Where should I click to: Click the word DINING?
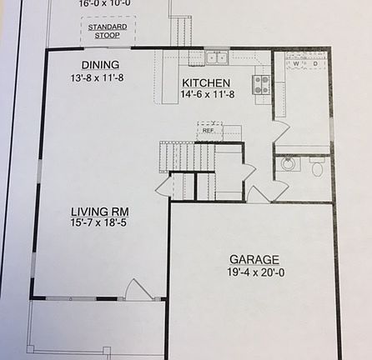[100, 65]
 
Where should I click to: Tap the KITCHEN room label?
[206, 83]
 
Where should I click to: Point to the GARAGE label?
[254, 259]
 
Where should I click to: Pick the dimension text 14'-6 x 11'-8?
[206, 96]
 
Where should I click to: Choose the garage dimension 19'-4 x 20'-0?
[254, 272]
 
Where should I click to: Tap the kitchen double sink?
[217, 57]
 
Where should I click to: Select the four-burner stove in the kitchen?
[261, 83]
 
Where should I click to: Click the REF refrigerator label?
[208, 130]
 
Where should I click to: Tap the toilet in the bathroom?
[317, 167]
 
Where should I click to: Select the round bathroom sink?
[289, 163]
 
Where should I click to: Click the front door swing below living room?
[136, 289]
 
